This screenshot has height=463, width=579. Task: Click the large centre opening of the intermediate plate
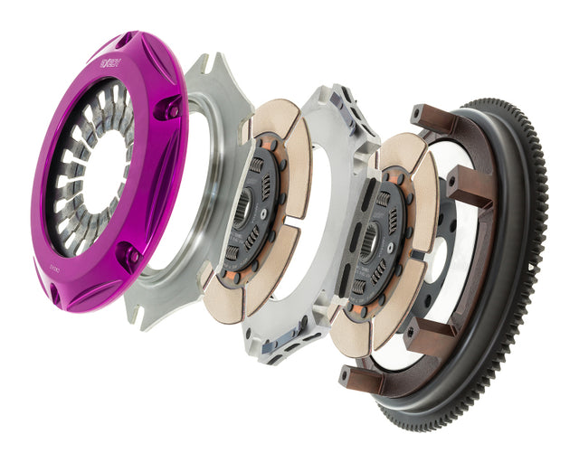point(299,217)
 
